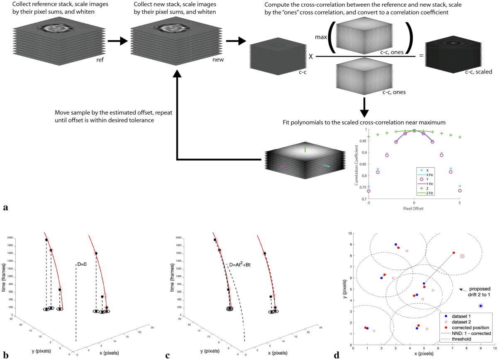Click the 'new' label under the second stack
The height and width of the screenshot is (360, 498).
218,60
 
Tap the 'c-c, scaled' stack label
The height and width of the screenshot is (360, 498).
477,72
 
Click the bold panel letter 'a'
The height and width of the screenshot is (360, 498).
5,207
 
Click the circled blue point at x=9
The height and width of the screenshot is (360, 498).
481,306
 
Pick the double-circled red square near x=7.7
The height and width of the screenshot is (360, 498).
462,256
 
